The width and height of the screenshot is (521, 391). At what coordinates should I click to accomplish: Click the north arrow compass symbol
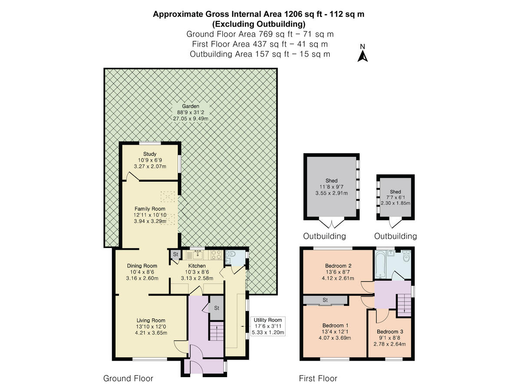[363, 54]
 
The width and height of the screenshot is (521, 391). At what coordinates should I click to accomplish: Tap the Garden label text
[191, 106]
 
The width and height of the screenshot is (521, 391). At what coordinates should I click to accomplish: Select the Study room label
[150, 154]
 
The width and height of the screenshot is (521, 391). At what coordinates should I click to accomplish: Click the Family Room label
[150, 209]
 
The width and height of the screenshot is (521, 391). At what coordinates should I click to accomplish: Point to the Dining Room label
[142, 266]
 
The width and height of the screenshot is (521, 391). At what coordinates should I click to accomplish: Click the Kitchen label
[197, 266]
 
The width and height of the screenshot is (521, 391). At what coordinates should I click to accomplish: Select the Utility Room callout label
[268, 320]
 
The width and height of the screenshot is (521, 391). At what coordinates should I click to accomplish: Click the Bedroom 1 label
[335, 325]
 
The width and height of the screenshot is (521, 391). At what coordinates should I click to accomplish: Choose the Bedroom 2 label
[338, 266]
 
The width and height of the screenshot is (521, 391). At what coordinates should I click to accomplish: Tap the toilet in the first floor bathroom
[406, 257]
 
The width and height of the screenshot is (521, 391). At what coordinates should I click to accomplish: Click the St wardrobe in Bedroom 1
[325, 300]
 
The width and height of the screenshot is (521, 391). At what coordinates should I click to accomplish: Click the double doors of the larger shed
[332, 224]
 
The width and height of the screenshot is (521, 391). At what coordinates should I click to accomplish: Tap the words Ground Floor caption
[128, 378]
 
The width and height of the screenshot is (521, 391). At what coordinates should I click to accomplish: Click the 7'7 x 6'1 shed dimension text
[395, 197]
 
